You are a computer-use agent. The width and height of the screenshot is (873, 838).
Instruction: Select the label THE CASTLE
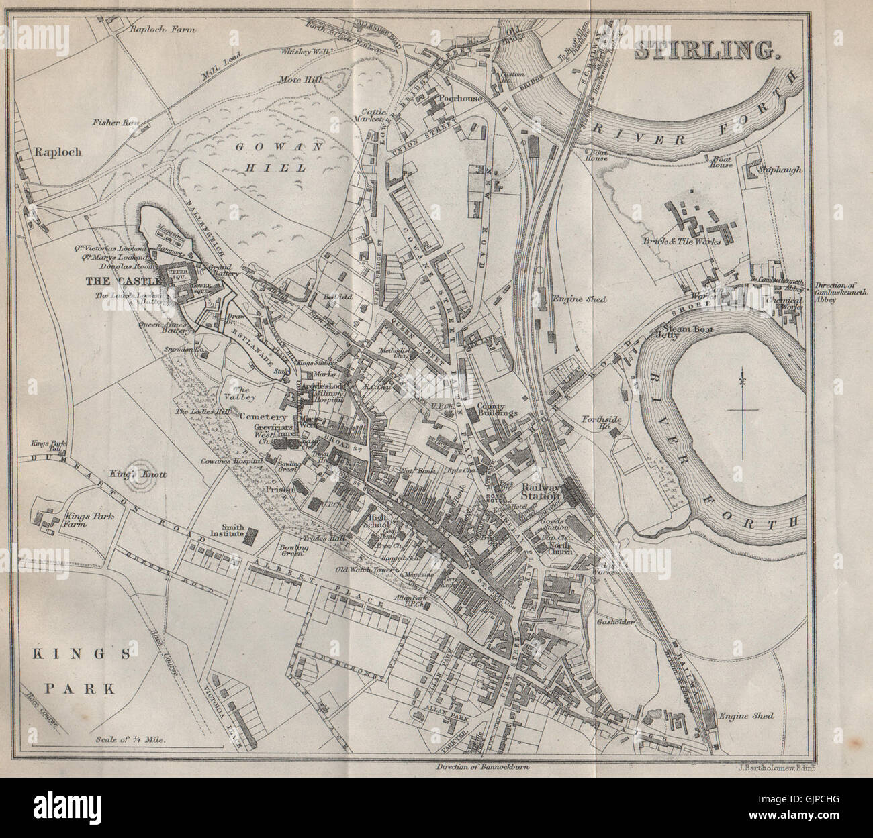126,280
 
